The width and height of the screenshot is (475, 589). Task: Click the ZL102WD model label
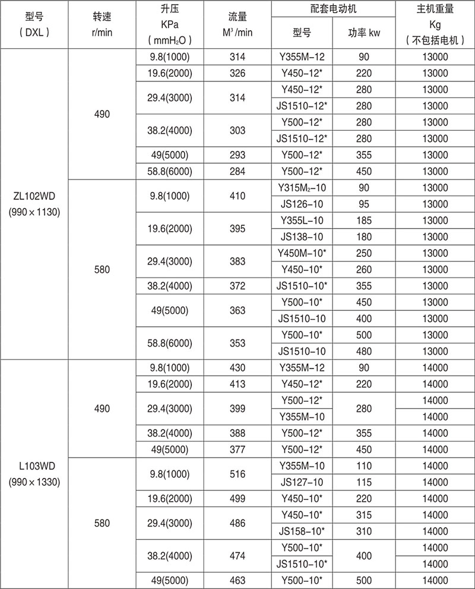point(34,196)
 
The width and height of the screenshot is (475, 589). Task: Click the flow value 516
point(237,473)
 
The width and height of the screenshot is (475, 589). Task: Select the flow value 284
point(237,171)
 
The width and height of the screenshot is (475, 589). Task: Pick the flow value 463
point(237,579)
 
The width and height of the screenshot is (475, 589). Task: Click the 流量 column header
point(237,26)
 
